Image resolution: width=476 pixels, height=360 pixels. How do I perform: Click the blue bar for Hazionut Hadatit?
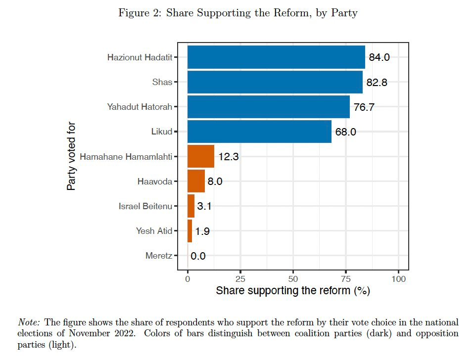coord(276,57)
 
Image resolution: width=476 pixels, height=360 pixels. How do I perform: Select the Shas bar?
coord(275,82)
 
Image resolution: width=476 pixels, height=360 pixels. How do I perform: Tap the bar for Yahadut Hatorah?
coord(268,107)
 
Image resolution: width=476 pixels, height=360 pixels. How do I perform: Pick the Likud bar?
coord(259,132)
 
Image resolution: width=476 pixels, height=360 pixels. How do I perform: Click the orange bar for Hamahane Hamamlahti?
coord(200,156)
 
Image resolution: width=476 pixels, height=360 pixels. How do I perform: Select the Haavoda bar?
coord(196,181)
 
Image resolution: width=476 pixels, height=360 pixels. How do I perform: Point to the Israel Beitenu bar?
coord(191,206)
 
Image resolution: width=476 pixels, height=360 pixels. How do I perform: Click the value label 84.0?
coord(380,57)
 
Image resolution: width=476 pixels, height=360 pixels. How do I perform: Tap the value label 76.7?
coord(364,107)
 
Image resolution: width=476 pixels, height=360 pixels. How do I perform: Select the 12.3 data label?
coord(229,157)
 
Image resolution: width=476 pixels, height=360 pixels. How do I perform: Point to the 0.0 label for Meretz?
coord(198,256)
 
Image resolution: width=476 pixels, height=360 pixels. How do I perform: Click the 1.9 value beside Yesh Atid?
coord(202,231)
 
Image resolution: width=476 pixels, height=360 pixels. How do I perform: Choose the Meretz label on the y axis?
coord(159,256)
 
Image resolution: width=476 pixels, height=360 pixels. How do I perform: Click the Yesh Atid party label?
coord(154,231)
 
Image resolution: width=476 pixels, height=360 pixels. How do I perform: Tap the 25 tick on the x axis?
coord(240,279)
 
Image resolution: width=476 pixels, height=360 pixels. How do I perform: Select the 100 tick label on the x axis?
coord(398,279)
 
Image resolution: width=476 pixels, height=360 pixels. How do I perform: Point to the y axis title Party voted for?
coord(72,156)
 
